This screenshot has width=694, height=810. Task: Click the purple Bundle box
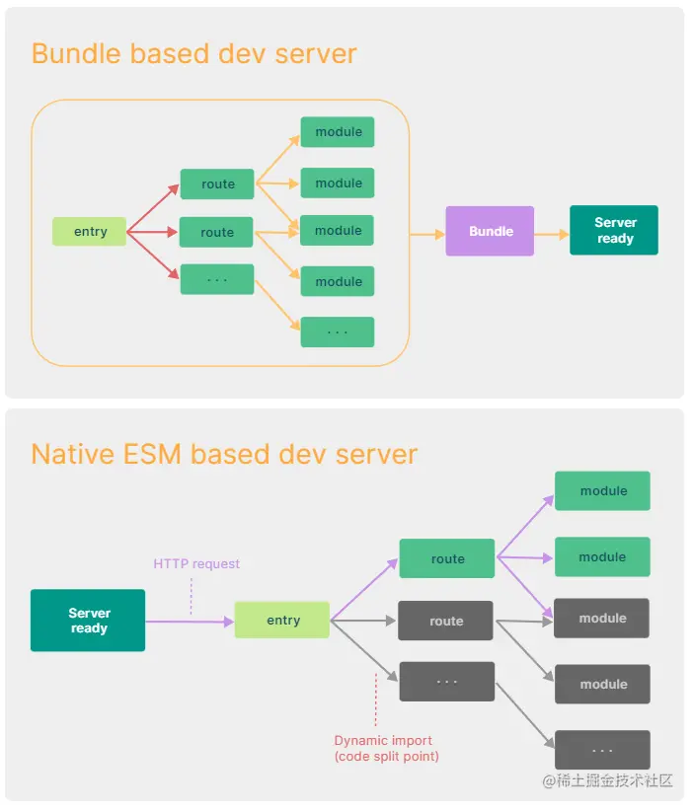pos(490,231)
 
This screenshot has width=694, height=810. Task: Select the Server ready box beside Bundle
pos(614,231)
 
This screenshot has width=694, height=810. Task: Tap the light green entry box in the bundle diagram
pos(90,232)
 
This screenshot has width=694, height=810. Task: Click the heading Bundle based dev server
pos(193,53)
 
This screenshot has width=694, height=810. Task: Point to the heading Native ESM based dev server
pos(224,454)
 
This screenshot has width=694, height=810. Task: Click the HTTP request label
pos(196,563)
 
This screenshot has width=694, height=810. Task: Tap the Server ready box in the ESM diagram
pos(88,621)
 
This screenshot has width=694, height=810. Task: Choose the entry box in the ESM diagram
pos(282,620)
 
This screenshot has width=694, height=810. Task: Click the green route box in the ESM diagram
pos(446,558)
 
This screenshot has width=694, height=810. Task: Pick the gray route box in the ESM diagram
pos(445,621)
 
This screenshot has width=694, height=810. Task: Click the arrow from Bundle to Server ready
pos(552,234)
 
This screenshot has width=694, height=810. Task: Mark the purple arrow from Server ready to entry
pos(190,621)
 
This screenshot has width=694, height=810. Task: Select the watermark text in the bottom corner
pos(607,780)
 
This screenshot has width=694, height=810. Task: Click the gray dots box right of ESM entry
pos(446,682)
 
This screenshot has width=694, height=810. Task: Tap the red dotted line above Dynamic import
pos(376,700)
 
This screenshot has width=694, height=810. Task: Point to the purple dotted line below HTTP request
pos(191,596)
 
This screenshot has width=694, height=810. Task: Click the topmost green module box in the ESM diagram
pos(602,490)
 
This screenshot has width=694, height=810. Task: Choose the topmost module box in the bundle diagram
pos(338,132)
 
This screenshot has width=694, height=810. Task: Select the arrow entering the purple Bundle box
pos(426,234)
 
